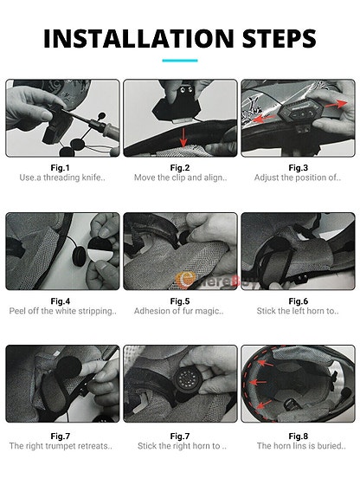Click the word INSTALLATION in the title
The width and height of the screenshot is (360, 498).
tap(137, 38)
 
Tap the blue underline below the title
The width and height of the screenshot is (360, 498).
tap(179, 61)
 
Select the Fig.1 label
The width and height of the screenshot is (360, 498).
tap(61, 167)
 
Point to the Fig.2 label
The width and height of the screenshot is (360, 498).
tap(179, 167)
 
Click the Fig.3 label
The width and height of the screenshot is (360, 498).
tap(298, 167)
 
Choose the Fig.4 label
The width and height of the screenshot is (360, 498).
tap(61, 301)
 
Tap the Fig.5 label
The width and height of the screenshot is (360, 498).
tap(179, 301)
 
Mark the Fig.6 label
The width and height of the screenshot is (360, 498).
tap(298, 301)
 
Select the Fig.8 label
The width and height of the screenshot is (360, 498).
tap(298, 435)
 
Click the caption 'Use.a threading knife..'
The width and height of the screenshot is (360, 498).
tap(61, 178)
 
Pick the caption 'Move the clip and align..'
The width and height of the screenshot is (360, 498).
tap(179, 178)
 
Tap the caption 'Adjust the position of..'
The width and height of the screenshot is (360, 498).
tap(298, 178)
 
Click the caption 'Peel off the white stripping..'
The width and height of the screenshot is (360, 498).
tap(61, 311)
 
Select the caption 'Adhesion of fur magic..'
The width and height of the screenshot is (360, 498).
tap(179, 311)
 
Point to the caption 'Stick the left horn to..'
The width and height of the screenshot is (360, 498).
tap(298, 311)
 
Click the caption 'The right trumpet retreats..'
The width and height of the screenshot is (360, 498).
tap(61, 446)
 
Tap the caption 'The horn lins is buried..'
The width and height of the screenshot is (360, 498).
tap(298, 446)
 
